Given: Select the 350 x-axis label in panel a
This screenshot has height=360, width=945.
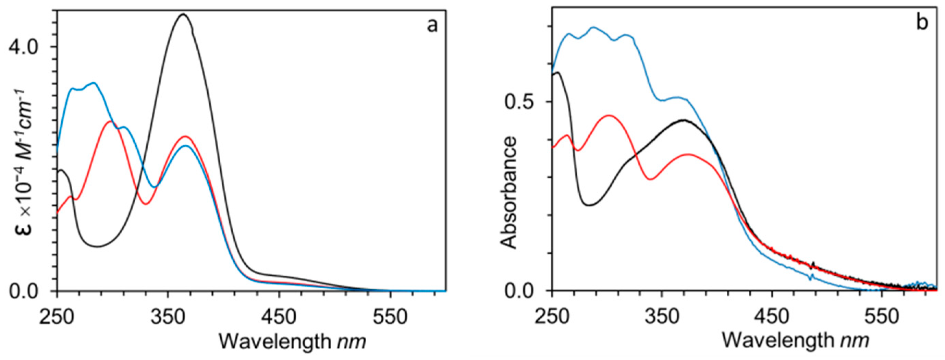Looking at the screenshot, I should [168, 317].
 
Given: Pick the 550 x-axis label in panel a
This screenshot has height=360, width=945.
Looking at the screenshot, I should [390, 317].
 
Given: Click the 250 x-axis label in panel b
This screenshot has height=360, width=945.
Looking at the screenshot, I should [552, 317].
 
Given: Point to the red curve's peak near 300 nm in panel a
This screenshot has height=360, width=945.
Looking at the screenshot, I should [110, 121].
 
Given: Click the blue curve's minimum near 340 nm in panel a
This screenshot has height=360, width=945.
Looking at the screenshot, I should [155, 187].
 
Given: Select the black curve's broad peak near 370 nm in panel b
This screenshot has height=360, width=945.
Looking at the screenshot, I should [684, 130].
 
